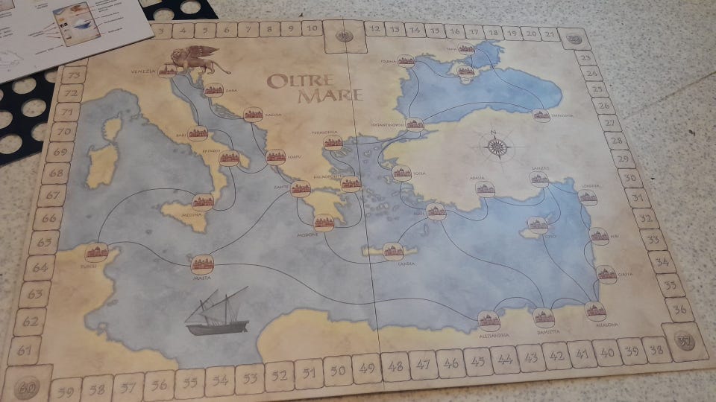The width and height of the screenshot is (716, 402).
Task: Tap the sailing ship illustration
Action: pyautogui.click(x=217, y=312)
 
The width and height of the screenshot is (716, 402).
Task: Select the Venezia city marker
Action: pyautogui.click(x=167, y=71)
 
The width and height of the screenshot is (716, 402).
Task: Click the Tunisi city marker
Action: pyautogui.click(x=97, y=252)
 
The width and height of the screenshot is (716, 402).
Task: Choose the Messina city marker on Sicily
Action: pyautogui.click(x=202, y=201)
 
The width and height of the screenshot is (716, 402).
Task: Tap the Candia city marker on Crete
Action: pyautogui.click(x=393, y=251)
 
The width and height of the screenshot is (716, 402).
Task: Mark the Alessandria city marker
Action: pyautogui.click(x=488, y=319)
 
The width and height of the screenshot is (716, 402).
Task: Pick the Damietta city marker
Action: pyautogui.click(x=544, y=316)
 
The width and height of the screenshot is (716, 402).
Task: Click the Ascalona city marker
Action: pyautogui.click(x=595, y=311)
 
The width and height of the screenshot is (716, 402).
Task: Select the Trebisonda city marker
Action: pyautogui.click(x=541, y=115)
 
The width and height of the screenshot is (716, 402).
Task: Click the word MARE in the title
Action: pyautogui.click(x=328, y=95)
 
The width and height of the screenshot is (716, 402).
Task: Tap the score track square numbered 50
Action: pyautogui.click(x=338, y=369)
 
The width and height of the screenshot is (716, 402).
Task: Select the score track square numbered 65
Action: pyautogui.click(x=45, y=243)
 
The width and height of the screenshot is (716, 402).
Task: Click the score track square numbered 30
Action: pyautogui.click(x=630, y=178)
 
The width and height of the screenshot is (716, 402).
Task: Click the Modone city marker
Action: pyautogui.click(x=323, y=222)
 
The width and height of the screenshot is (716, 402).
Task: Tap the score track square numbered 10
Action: pyautogui.click(x=313, y=28)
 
